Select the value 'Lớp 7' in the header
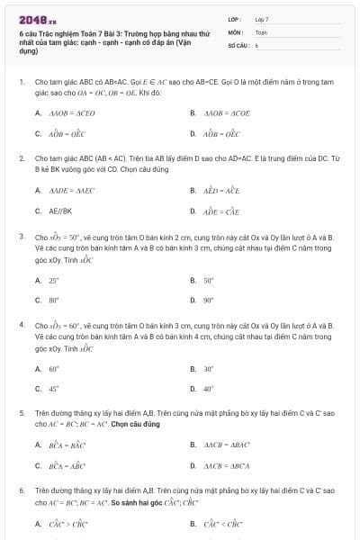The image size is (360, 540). (x=262, y=19)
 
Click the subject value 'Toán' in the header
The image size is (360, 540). (x=261, y=31)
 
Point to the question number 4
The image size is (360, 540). (x=21, y=324)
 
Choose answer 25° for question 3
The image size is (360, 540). (x=54, y=280)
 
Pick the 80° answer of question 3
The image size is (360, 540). (x=54, y=300)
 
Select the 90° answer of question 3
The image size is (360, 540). (x=209, y=300)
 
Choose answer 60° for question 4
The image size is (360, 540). (x=54, y=368)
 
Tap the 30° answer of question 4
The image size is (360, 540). (x=209, y=368)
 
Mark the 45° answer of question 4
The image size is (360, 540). (x=54, y=388)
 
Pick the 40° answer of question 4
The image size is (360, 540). (x=209, y=388)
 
